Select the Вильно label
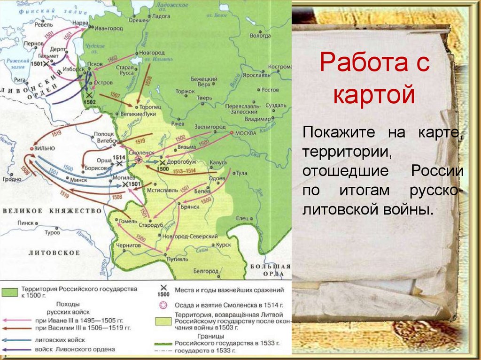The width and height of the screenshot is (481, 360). tap(45, 148)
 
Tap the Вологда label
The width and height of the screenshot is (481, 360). tap(260, 35)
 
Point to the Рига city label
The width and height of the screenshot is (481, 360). tap(20, 79)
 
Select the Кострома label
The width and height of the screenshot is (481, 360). tap(278, 67)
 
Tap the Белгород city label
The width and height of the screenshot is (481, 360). tap(206, 271)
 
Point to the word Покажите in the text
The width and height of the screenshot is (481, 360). tap(339, 132)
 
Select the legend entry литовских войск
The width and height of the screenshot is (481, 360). tap(59, 340)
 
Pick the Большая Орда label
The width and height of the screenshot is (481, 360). tap(272, 270)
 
